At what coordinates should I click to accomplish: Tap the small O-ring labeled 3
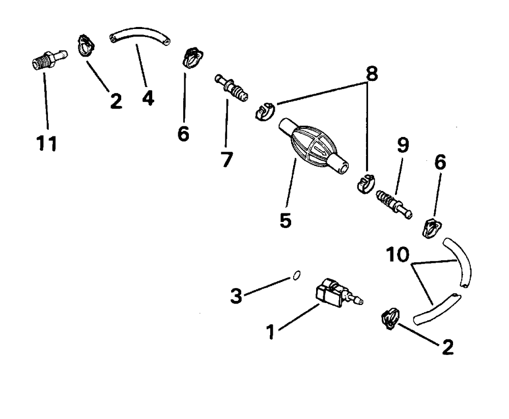tap(296, 276)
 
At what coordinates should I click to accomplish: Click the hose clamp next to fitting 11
tap(86, 45)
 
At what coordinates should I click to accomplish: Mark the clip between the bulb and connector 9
tap(365, 183)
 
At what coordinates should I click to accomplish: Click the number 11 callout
tap(47, 144)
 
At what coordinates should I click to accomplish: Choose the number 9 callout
tap(402, 147)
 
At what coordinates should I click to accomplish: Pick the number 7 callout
tap(226, 159)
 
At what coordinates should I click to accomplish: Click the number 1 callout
tap(270, 332)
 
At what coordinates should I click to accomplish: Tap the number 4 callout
tap(148, 97)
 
